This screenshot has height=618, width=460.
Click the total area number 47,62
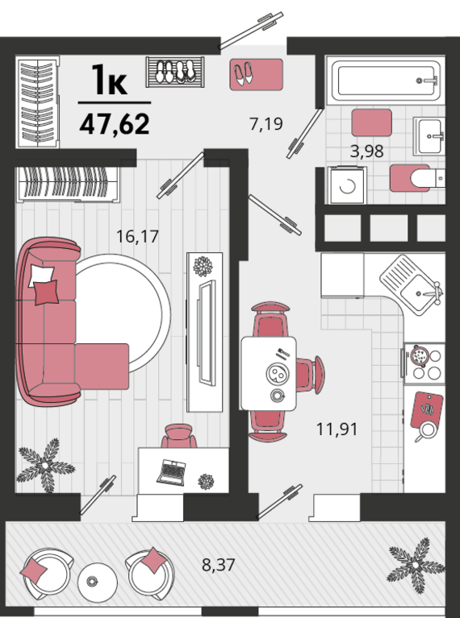115,124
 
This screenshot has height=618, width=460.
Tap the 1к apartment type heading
110,80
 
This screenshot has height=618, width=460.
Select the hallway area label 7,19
266,124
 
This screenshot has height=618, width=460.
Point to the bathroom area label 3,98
367,151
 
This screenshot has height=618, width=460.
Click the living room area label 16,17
137,236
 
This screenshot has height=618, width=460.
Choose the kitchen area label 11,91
337,429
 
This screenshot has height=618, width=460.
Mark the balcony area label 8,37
219,565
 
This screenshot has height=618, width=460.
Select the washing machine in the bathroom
347,185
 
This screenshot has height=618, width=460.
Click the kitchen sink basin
419,292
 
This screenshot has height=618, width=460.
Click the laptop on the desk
171,472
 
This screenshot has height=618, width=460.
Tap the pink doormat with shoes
257,74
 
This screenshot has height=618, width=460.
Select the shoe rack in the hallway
175,72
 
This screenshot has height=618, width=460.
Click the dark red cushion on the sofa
46,292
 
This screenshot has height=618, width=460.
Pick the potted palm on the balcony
416,565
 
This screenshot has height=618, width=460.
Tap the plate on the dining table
278,373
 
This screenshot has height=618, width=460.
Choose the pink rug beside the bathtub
371,123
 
